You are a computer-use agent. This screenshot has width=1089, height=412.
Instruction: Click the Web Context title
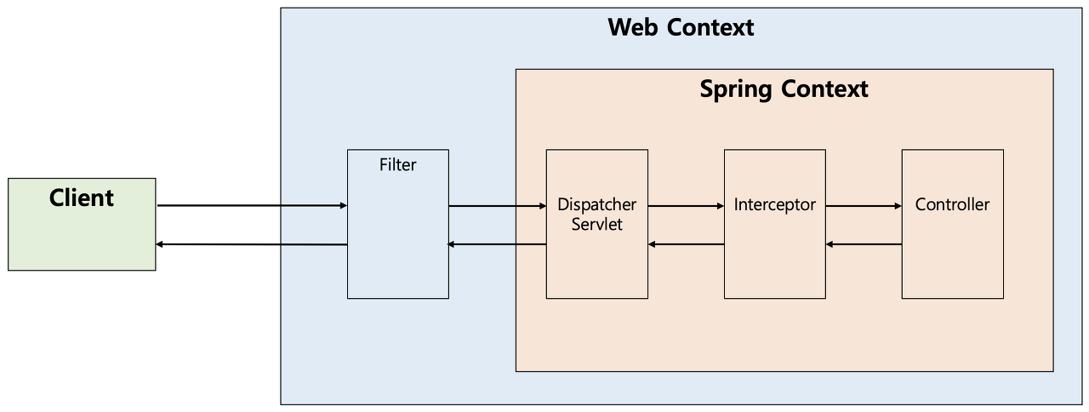[681, 27]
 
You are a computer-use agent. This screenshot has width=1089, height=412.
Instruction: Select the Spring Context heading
[784, 89]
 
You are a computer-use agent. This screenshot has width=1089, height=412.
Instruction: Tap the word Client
[82, 198]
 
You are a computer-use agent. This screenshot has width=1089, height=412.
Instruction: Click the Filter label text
[397, 165]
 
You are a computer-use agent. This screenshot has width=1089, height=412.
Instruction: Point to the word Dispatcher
[596, 205]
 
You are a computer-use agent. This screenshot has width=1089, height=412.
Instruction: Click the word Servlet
[596, 225]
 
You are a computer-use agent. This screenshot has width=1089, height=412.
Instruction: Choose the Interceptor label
[774, 205]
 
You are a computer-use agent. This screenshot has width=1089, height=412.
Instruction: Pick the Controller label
[952, 205]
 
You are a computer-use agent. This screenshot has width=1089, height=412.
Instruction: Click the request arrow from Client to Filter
[252, 205]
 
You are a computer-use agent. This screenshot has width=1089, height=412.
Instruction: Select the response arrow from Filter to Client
[252, 244]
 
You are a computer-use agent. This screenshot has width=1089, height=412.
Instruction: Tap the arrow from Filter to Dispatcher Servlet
[497, 205]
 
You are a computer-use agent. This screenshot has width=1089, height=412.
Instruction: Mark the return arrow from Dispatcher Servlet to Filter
[497, 244]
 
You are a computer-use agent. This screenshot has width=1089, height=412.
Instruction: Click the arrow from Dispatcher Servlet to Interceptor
[686, 205]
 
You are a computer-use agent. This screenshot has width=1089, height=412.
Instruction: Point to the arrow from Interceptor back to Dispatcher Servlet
[686, 244]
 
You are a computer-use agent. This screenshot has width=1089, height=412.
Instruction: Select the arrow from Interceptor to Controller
[864, 205]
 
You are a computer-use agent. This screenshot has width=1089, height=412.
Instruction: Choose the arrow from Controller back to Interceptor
[864, 244]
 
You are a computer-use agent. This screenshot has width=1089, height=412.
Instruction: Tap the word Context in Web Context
[711, 27]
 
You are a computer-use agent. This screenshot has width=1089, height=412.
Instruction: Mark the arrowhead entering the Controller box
[897, 205]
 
